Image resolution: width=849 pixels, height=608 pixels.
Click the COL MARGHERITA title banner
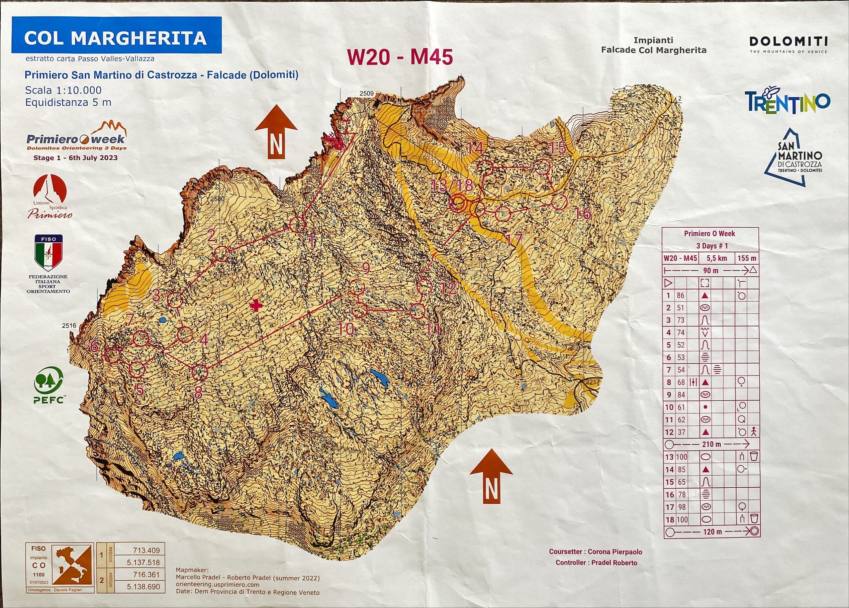116,38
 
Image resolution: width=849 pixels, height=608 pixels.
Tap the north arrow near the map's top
276,132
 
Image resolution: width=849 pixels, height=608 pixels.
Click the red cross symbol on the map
256,306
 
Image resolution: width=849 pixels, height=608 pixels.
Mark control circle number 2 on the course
221,254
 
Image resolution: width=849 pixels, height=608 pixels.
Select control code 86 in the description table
680,295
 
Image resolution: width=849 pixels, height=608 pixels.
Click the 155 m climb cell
747,258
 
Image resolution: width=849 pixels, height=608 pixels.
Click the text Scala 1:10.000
63,90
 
